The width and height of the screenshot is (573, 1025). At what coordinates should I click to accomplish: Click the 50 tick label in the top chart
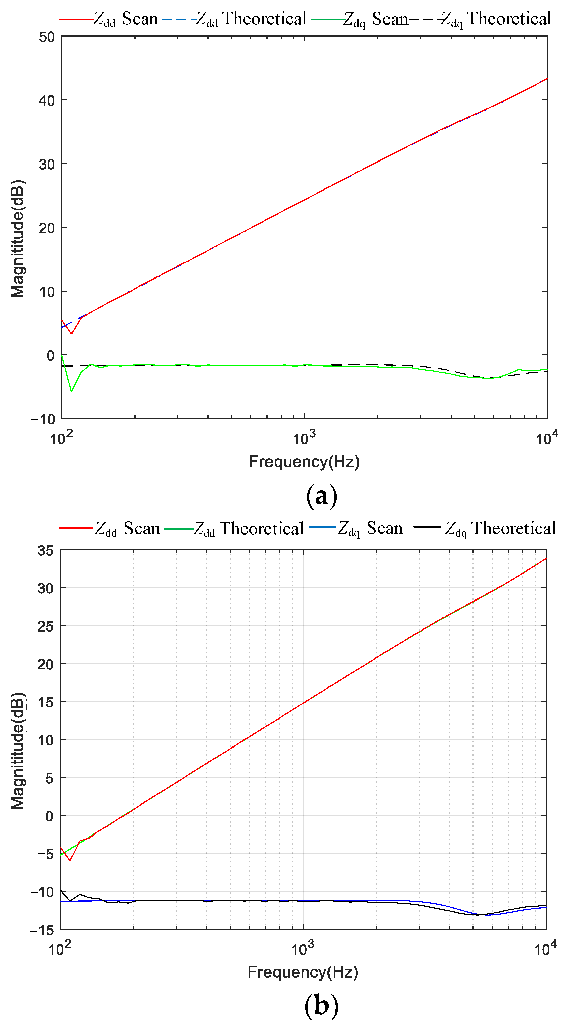[47, 37]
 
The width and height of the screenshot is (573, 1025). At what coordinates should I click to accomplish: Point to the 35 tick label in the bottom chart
[46, 551]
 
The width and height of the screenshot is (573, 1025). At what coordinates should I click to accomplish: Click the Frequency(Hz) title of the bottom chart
[303, 972]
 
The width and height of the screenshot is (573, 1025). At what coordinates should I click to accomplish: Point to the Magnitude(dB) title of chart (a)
[18, 239]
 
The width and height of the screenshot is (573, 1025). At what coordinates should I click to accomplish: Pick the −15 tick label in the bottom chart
[42, 930]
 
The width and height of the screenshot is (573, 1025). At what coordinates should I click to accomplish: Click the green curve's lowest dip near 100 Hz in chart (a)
[71, 391]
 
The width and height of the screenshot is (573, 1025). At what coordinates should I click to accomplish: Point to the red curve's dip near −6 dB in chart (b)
[70, 861]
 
